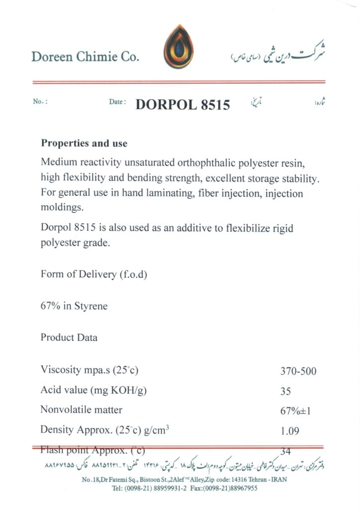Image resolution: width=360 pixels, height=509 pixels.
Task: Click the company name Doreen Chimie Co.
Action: click(85, 57)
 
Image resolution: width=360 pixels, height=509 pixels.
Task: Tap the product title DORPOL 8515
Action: click(182, 105)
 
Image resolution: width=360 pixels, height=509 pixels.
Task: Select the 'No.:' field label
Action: click(40, 102)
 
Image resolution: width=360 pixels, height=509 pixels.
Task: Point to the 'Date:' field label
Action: click(117, 102)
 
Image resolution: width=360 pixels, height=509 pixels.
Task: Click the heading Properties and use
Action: click(84, 144)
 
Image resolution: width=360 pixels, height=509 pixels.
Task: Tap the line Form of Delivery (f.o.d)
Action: click(94, 274)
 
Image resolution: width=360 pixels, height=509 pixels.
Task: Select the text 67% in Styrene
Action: click(74, 306)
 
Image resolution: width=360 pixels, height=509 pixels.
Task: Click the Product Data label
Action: click(69, 338)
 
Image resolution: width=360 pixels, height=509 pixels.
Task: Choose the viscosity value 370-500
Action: click(298, 371)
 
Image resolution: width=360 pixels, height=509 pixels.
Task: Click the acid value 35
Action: click(285, 391)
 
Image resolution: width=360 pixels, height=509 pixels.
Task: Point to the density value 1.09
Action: click(289, 431)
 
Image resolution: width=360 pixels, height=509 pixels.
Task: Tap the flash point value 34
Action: click(285, 451)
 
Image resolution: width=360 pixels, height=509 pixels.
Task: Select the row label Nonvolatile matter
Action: click(81, 410)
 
